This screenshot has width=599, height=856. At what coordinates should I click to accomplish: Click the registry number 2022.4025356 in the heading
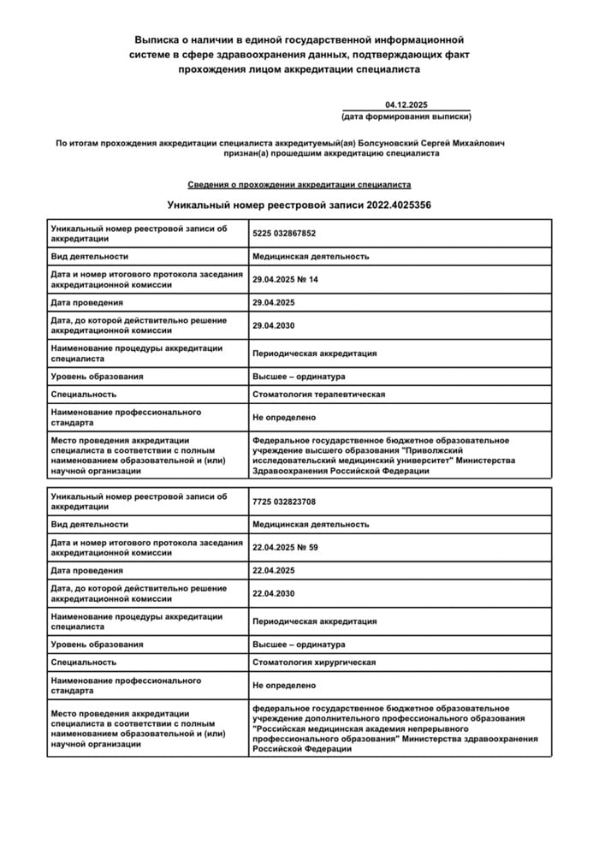pos(399,205)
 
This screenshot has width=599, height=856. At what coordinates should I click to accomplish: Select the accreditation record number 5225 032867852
pos(284,233)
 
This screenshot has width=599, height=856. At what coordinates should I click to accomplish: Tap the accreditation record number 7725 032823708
pos(284,501)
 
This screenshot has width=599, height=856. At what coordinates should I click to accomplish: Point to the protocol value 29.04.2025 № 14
pos(285,279)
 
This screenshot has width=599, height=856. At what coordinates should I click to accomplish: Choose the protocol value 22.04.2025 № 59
pos(285,547)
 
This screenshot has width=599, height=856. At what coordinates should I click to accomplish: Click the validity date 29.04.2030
pos(274,325)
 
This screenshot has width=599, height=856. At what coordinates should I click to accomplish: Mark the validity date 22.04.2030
pos(274,593)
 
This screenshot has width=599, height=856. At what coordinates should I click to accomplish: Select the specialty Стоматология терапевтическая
pos(318,395)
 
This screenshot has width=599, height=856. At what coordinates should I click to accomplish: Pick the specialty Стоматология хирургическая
pos(314,662)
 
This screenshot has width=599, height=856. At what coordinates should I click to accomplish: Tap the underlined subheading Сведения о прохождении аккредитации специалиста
pos(299,184)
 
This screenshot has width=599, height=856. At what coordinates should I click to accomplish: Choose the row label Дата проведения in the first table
pos(86,302)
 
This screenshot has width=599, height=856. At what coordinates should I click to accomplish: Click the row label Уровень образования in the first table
pos(97,376)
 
